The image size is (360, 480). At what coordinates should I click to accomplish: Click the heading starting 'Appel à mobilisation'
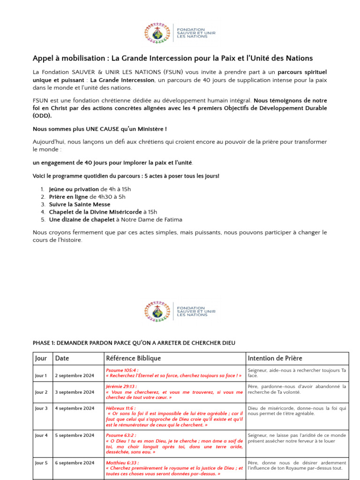point(172,58)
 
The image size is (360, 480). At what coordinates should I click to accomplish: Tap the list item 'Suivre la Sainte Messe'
point(80,204)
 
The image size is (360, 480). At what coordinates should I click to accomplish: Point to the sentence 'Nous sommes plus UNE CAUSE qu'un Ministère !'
point(99,128)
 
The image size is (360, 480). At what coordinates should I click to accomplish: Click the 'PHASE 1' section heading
point(134,343)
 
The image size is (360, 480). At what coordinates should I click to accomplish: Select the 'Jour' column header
point(41,359)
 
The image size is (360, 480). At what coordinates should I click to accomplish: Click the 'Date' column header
point(62,359)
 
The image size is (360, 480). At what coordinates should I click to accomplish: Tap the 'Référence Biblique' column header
point(134,359)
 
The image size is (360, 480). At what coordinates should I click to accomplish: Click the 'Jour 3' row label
point(41,408)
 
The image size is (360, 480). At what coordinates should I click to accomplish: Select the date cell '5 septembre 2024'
point(75,435)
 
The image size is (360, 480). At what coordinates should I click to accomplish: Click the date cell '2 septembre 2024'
point(75,376)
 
